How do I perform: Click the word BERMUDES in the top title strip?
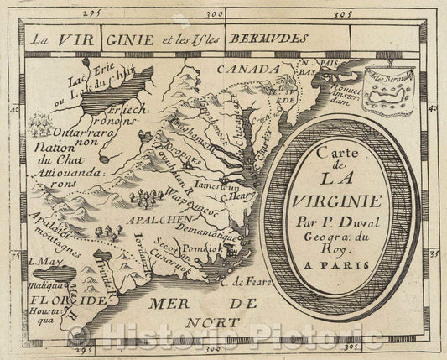[x=273, y=38]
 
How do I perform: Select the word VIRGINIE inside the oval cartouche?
[x=351, y=201]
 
